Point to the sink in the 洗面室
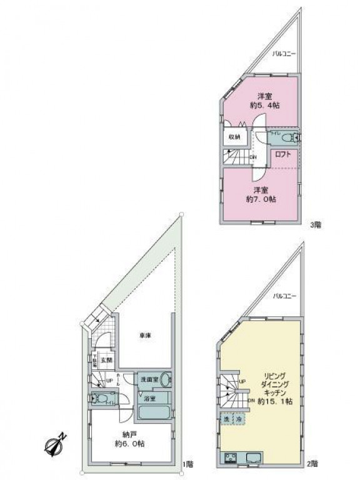[164, 379]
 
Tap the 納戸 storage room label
[131, 432]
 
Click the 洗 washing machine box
[226, 418]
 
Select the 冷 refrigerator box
[238, 418]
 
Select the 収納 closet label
[234, 137]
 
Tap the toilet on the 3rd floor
[286, 137]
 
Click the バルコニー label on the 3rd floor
[283, 54]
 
